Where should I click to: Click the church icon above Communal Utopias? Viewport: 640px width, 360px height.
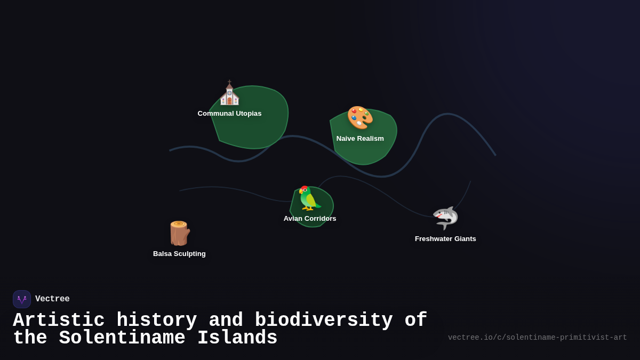[229, 94]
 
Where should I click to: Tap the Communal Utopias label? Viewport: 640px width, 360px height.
[229, 114]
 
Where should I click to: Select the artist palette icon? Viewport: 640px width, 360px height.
[360, 118]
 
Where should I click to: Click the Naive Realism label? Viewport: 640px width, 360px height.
[360, 139]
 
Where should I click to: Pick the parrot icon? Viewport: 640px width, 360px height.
[309, 198]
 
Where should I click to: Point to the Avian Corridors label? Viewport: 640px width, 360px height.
[310, 219]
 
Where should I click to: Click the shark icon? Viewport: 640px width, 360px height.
[445, 218]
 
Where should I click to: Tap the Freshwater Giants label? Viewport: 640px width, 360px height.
[445, 239]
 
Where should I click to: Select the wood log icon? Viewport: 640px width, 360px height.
[179, 233]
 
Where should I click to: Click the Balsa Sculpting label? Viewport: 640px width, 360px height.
[179, 254]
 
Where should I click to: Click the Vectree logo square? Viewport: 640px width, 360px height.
[22, 299]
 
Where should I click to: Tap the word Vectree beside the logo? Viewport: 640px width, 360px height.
[52, 299]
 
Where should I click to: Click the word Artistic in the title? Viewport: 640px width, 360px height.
[59, 321]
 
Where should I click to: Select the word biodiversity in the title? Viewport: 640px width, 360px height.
[324, 321]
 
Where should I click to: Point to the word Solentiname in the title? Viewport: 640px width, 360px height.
[122, 338]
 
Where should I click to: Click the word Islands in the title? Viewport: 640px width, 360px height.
[237, 338]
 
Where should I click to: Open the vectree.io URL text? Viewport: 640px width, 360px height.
[537, 338]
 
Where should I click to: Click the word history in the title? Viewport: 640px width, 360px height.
[157, 321]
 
